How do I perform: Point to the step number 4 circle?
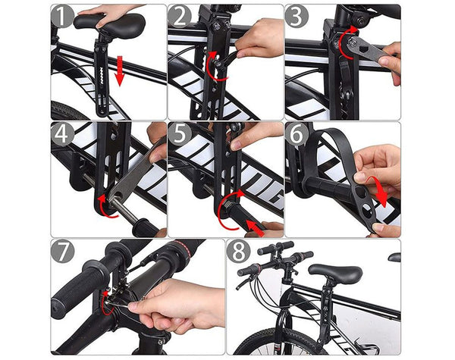64,134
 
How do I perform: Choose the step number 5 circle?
181,134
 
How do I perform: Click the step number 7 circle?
64,252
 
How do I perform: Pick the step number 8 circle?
240,252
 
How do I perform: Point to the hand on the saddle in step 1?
114,12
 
